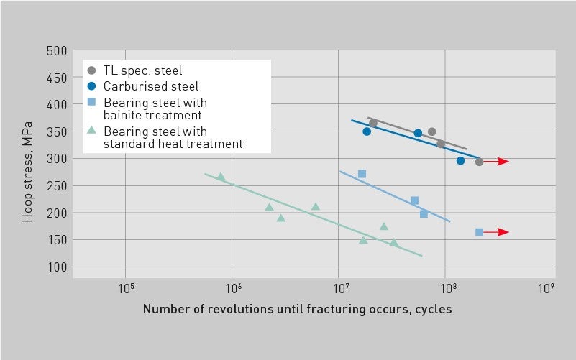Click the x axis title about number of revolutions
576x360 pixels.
coord(297,309)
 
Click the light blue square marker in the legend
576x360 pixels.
coord(91,103)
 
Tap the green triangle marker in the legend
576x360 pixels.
coord(91,131)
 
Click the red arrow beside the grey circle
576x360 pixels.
coord(496,162)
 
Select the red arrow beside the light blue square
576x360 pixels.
coord(496,232)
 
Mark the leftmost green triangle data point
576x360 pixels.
coord(221,177)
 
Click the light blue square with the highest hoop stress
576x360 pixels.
coord(362,174)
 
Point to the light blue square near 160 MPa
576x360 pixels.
coord(479,232)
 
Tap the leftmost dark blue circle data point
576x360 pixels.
coord(367,131)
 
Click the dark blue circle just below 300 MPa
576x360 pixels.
coord(460,161)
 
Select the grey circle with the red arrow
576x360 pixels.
coord(479,162)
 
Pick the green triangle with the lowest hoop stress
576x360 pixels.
coord(393,243)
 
